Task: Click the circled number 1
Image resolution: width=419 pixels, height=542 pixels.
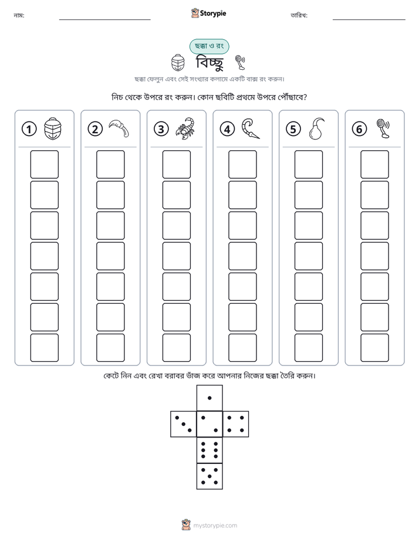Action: pos(29,129)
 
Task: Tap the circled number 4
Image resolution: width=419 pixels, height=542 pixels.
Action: pos(227,129)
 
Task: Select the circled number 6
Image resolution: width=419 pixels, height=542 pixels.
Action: pos(359,129)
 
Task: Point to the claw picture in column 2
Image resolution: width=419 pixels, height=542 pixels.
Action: pos(119,128)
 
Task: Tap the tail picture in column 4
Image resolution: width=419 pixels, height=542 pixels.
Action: pos(251,128)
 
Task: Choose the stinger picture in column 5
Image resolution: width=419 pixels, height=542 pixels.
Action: pos(316,128)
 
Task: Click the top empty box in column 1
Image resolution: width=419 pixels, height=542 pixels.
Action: pos(44,164)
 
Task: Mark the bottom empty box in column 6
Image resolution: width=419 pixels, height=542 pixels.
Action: pos(375,348)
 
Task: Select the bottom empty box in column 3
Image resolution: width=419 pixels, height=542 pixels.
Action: pos(176,348)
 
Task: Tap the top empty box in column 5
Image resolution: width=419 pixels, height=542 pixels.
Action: pos(309,164)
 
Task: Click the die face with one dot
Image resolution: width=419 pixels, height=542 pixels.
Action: pos(209,398)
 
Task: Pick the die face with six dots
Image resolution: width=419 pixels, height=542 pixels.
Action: pos(209,450)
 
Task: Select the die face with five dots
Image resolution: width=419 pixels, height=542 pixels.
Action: pos(209,476)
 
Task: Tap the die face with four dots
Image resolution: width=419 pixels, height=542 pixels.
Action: pos(236,424)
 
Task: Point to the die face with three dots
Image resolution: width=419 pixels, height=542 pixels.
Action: pos(183,424)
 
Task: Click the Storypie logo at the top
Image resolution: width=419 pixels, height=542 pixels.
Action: pos(208,13)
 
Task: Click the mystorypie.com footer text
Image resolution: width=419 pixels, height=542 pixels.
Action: pos(215,526)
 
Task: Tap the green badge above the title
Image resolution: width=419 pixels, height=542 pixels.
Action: pos(209,46)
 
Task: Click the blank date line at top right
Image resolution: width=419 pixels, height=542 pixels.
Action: pos(369,20)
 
